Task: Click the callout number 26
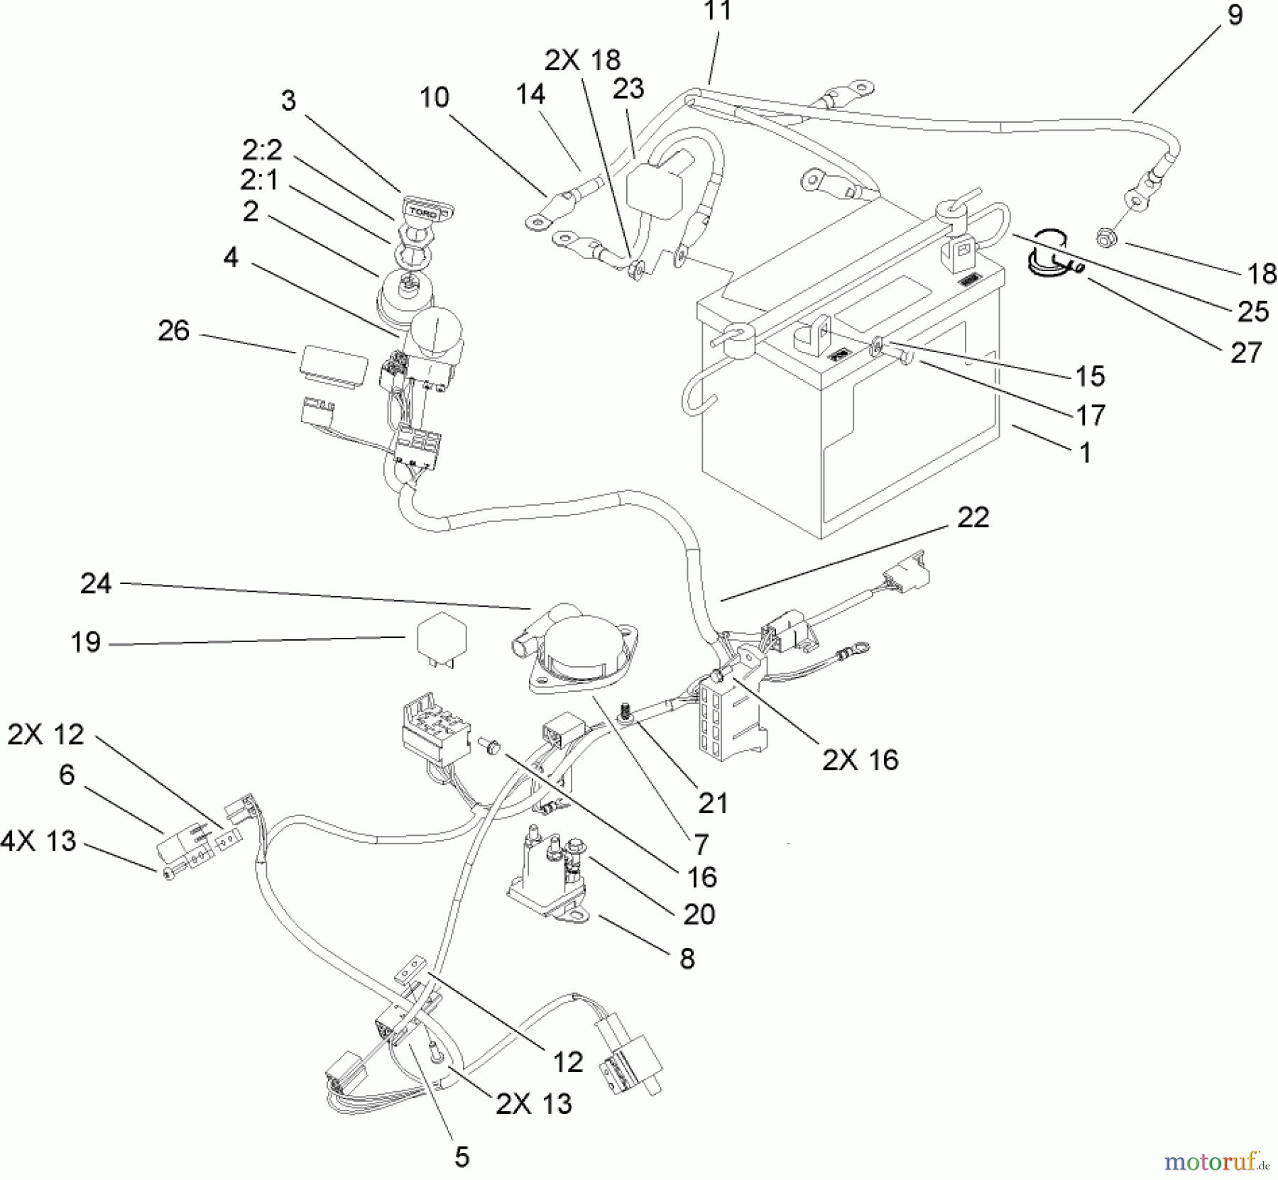(174, 331)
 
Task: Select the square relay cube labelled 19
(440, 636)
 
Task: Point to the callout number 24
(96, 583)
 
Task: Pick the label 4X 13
(38, 841)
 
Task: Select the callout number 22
(973, 517)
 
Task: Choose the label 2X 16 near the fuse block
(861, 760)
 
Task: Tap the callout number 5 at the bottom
(462, 1157)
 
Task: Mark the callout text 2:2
(262, 150)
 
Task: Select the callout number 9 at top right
(1235, 16)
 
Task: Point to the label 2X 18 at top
(582, 60)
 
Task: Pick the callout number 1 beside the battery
(1085, 453)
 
